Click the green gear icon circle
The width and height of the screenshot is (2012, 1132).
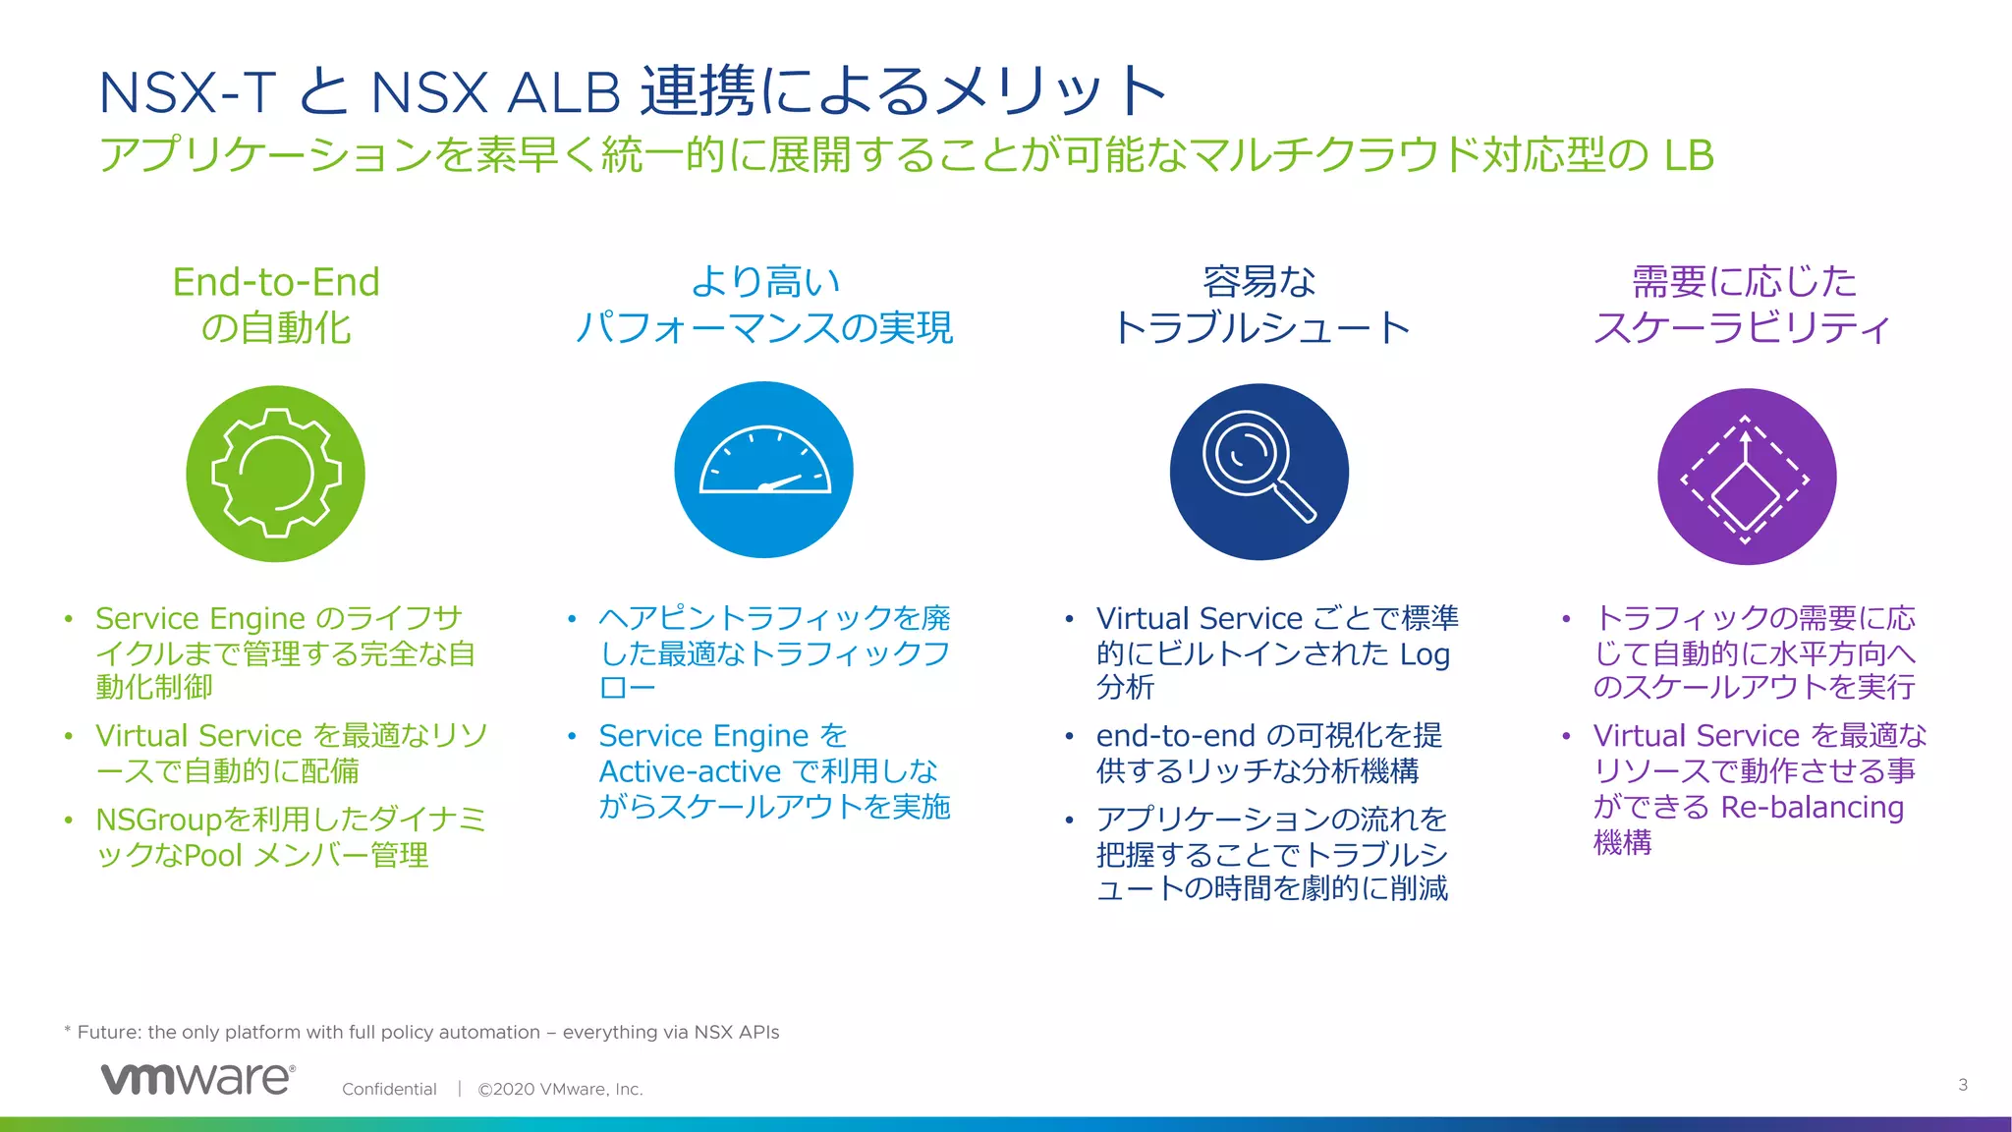pos(275,474)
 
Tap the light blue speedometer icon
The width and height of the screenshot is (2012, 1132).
pos(763,471)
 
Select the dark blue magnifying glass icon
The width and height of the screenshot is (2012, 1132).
pos(1258,472)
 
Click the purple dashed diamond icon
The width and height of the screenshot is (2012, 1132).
pos(1746,477)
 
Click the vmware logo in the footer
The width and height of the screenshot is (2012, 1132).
pos(197,1079)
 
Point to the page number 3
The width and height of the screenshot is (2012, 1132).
pos(1962,1085)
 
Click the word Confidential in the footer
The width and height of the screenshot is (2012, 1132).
pos(389,1089)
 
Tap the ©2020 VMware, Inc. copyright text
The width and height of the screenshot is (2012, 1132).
pos(560,1089)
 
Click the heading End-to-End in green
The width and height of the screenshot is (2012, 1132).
pos(276,282)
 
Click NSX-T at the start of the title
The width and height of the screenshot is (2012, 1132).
pos(187,92)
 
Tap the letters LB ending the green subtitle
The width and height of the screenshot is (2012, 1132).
pos(1688,155)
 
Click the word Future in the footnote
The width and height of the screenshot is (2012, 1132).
pos(107,1032)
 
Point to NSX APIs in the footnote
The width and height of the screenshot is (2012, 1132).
pos(736,1032)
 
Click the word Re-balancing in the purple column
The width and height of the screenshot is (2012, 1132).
pos(1812,807)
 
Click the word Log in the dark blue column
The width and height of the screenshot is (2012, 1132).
pos(1425,654)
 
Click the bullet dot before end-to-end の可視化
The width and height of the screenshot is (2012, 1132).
pos(1070,736)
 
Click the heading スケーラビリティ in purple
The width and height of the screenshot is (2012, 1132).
pos(1742,328)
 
